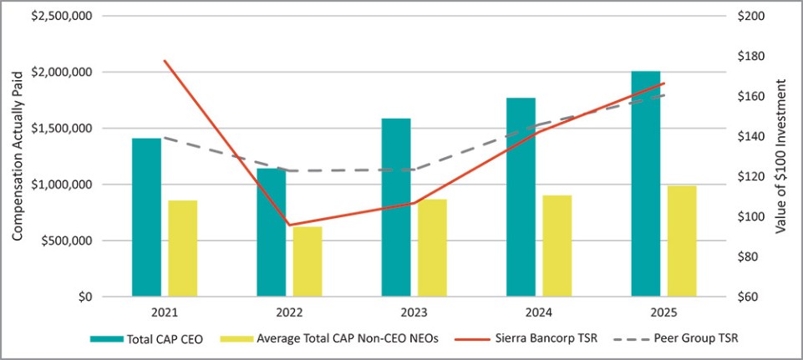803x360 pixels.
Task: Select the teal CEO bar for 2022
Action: point(272,232)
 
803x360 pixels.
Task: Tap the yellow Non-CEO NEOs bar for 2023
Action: point(432,247)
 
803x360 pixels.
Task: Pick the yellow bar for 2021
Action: point(182,248)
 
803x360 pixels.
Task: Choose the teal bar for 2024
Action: point(521,196)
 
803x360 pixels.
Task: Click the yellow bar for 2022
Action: point(307,261)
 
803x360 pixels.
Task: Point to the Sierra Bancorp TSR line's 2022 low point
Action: point(289,225)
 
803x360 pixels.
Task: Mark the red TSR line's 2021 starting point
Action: point(165,60)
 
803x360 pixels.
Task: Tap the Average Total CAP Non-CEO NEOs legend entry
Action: point(329,338)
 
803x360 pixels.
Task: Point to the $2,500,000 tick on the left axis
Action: point(63,16)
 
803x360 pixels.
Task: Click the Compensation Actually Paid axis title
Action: point(18,156)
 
